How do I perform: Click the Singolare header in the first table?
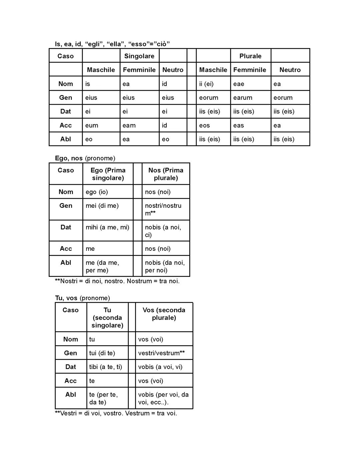(139, 56)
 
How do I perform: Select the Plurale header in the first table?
(250, 56)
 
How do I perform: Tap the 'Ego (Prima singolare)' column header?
(108, 174)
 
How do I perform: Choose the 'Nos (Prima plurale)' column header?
(166, 174)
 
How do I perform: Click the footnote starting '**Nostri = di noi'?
(117, 281)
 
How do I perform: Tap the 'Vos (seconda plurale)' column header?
(164, 314)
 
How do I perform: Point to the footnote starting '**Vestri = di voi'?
(116, 413)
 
